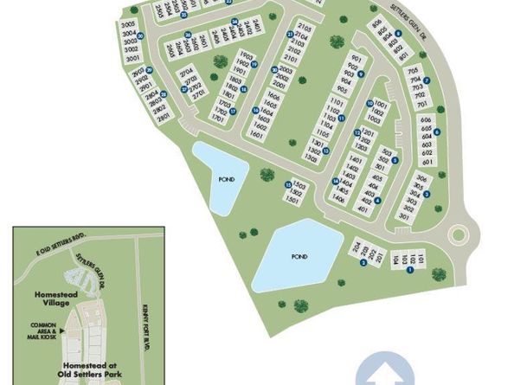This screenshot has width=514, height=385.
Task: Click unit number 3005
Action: coord(130,24)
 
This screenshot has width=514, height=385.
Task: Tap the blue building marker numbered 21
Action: coord(290,35)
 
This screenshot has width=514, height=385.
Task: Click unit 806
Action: coord(378,25)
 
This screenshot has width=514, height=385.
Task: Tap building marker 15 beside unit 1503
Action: coord(287,184)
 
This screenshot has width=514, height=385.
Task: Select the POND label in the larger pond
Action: coord(299,257)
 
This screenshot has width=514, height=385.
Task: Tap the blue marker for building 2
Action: coord(364,263)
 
